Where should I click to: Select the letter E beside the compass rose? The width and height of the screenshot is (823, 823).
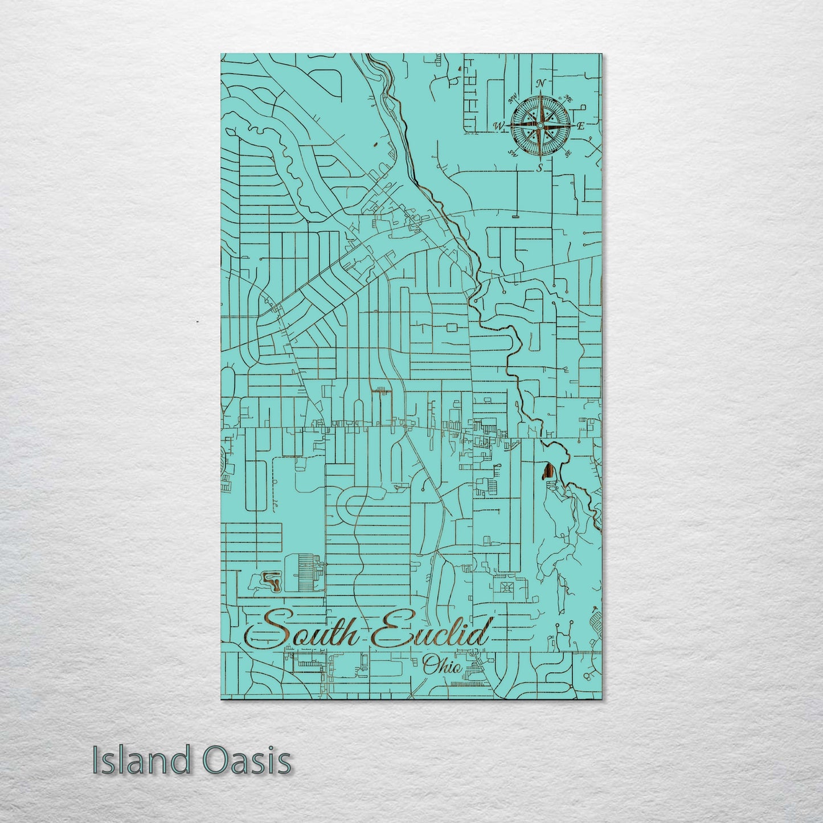point(581,126)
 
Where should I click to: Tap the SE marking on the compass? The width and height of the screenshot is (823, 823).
point(567,153)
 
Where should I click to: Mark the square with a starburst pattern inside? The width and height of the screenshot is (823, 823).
point(504,587)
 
